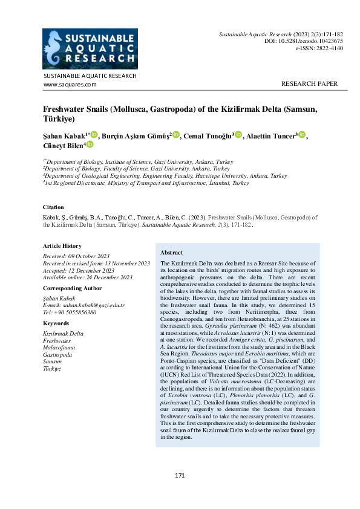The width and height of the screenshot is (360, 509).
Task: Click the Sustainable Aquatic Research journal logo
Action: [x=90, y=49]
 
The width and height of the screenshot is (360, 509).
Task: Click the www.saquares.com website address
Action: [x=70, y=85]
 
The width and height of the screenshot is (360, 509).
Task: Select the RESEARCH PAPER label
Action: [x=309, y=84]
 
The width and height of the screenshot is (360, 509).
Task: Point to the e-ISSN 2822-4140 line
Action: [x=319, y=48]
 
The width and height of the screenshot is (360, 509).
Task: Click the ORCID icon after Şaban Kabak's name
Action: [x=94, y=134]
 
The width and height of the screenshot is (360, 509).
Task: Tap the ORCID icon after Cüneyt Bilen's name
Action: [x=90, y=144]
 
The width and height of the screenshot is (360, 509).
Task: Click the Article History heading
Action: [x=62, y=246]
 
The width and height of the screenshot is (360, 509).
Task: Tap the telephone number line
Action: [x=70, y=312]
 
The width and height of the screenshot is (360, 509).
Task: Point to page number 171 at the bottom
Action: [x=180, y=476]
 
